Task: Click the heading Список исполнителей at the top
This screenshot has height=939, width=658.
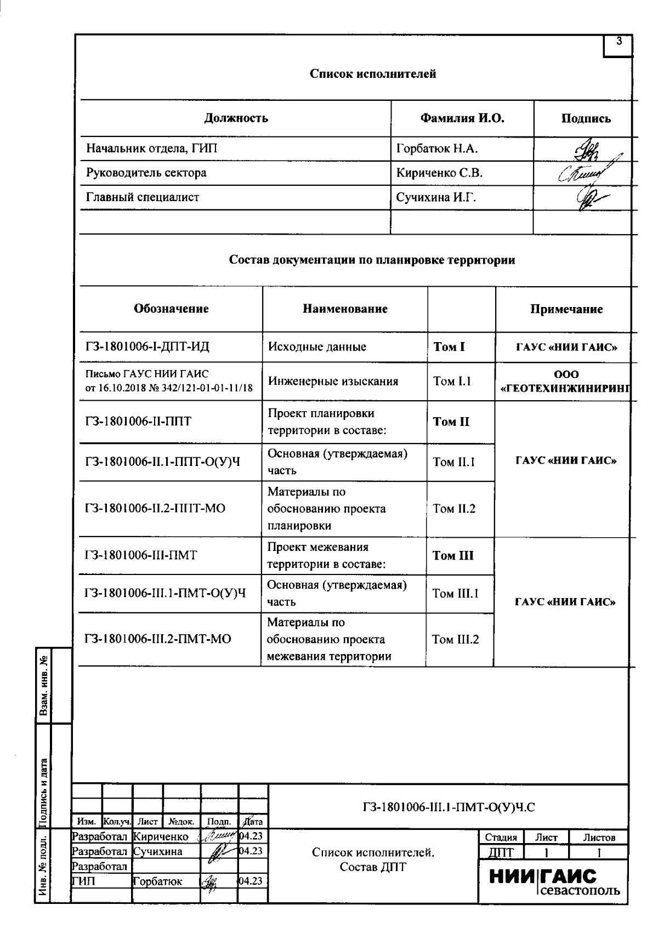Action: coord(373,73)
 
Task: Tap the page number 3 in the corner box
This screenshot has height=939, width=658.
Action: coord(619,41)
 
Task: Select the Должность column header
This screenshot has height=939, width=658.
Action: coord(236,118)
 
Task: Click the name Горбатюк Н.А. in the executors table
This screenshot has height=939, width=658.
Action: coord(437,149)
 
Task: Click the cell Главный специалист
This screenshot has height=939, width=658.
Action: coord(143,197)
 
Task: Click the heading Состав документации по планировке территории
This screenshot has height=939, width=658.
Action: coord(372,260)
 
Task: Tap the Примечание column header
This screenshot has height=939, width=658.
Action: coord(566,309)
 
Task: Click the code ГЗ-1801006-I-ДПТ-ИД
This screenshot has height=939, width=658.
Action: coord(147,346)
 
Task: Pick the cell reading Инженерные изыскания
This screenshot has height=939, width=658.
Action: coord(333,381)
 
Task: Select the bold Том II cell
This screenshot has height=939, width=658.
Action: coord(451,422)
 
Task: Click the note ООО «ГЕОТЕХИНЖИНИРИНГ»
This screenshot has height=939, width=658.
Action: coord(566,382)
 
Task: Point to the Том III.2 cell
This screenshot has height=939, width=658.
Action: coord(455,639)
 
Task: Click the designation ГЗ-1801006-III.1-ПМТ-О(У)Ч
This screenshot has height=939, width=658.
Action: coord(164,593)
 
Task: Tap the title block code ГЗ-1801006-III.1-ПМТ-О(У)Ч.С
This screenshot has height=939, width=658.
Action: coord(448,806)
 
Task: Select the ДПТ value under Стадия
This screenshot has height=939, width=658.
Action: coord(501,852)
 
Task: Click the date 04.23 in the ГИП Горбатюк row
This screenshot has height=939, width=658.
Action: coord(252,881)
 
